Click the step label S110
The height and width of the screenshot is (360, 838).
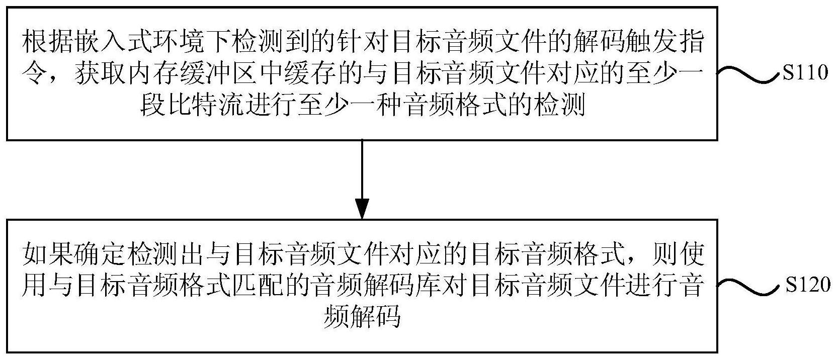pyautogui.click(x=804, y=73)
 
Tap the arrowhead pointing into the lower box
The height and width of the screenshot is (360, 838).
pyautogui.click(x=362, y=208)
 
